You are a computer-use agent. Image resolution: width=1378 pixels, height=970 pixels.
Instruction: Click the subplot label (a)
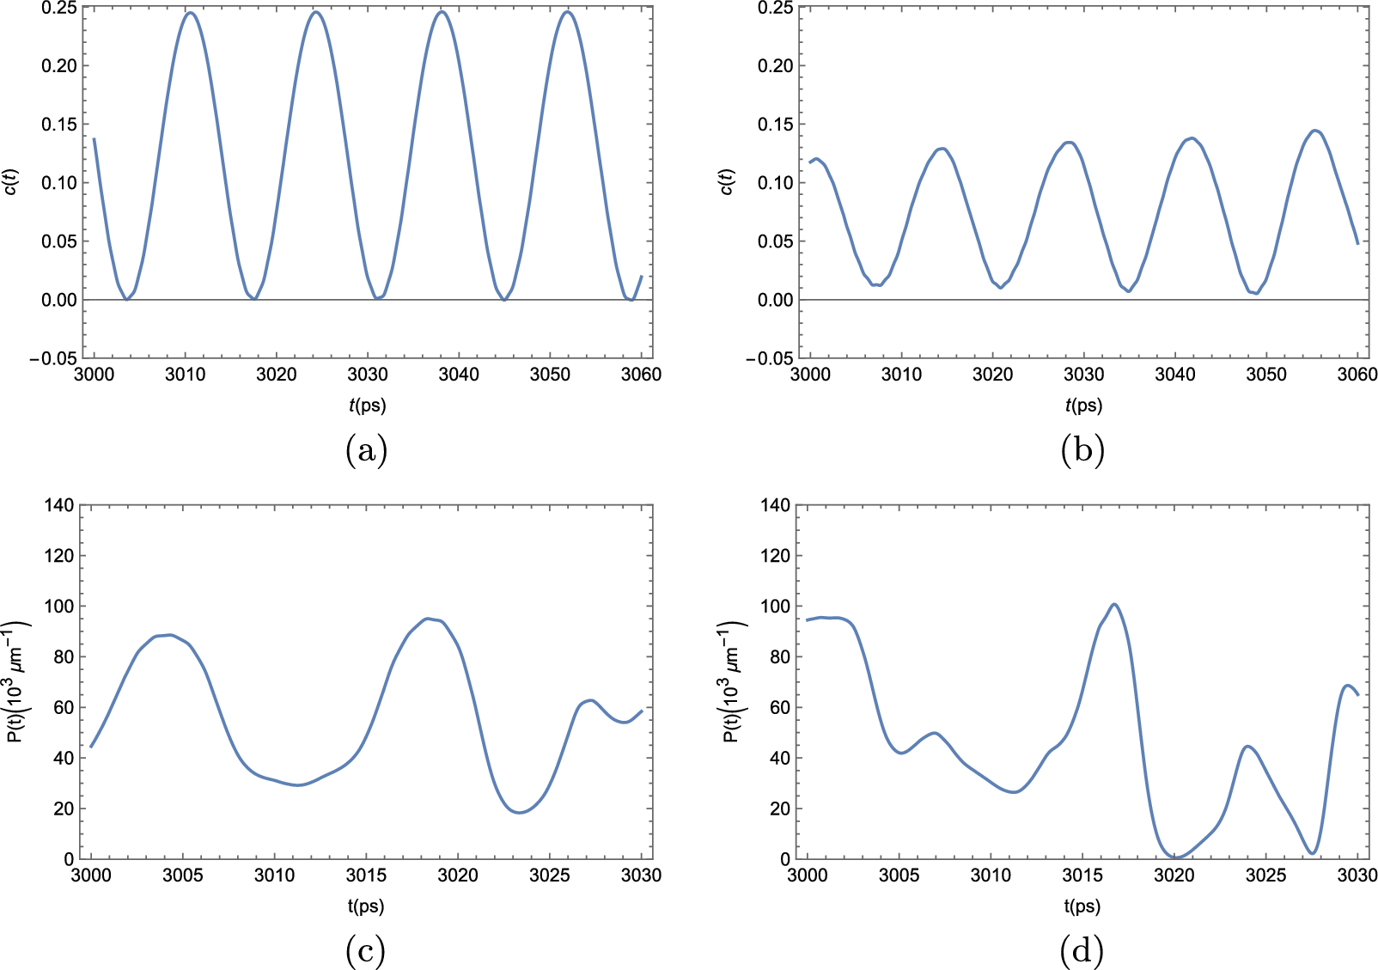coord(366,449)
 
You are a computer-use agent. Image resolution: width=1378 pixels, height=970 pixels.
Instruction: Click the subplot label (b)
coord(1082,449)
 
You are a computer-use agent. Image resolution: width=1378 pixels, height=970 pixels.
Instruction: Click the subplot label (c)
coord(365,950)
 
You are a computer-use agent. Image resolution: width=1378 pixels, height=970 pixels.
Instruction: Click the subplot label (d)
coord(1082,950)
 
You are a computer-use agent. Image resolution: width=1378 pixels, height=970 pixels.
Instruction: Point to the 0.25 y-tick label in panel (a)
coord(58,9)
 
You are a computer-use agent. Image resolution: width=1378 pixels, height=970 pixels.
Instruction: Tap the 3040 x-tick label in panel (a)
coord(459,375)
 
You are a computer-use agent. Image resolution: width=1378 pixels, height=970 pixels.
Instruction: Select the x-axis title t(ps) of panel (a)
coord(367,406)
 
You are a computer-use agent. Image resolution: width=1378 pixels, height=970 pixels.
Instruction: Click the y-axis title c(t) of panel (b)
coord(727,182)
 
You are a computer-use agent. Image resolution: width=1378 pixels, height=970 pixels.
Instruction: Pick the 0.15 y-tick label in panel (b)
coord(775,125)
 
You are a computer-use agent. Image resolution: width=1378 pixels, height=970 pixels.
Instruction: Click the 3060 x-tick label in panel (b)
coord(1357,375)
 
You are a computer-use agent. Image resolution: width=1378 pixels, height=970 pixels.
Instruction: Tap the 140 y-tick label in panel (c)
coord(59,505)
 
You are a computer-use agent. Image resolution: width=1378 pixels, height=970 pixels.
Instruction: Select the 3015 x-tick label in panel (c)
coord(366,875)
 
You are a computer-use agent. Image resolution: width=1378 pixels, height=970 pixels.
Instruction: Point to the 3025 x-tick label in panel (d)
coord(1266,875)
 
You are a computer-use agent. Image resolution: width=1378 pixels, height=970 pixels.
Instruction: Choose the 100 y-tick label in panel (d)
coord(776,607)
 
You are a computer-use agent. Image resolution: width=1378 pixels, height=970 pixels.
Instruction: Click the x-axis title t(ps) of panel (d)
coord(1082,906)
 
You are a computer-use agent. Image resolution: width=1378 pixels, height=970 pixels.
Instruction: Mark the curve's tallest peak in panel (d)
coord(1114,604)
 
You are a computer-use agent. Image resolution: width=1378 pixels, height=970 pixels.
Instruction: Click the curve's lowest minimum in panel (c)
coord(519,812)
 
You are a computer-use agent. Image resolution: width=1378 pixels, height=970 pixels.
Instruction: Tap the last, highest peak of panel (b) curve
coord(1315,131)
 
